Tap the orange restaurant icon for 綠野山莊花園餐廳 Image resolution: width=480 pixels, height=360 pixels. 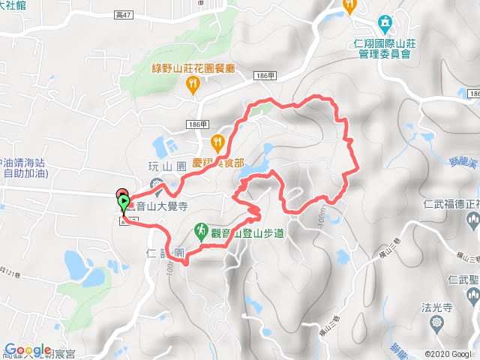point(193,85)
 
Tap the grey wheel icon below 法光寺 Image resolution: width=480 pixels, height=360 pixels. point(438,322)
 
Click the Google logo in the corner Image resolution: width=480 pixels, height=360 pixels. point(27,350)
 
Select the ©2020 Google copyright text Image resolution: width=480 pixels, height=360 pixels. point(451,353)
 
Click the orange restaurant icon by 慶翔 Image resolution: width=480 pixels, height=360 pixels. point(217,140)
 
